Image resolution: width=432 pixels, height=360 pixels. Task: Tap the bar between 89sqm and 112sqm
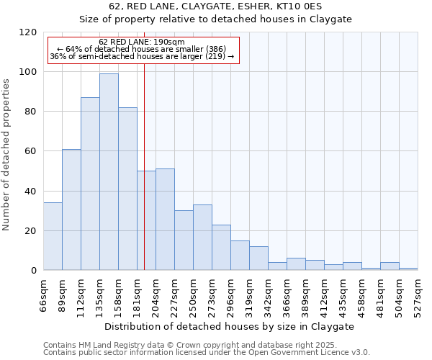pos(71,210)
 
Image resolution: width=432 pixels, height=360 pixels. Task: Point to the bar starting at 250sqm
pos(202,238)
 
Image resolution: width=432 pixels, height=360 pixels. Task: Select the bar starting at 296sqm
pos(240,256)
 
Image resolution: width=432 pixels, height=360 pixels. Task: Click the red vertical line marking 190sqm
pos(144,166)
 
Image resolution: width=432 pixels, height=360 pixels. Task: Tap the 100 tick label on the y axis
pos(29,72)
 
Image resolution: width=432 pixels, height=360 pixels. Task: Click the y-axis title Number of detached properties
pos(7,155)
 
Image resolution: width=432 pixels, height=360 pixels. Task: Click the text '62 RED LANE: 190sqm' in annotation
pos(142,42)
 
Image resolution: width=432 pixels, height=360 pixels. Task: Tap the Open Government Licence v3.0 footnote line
pos(207,353)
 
